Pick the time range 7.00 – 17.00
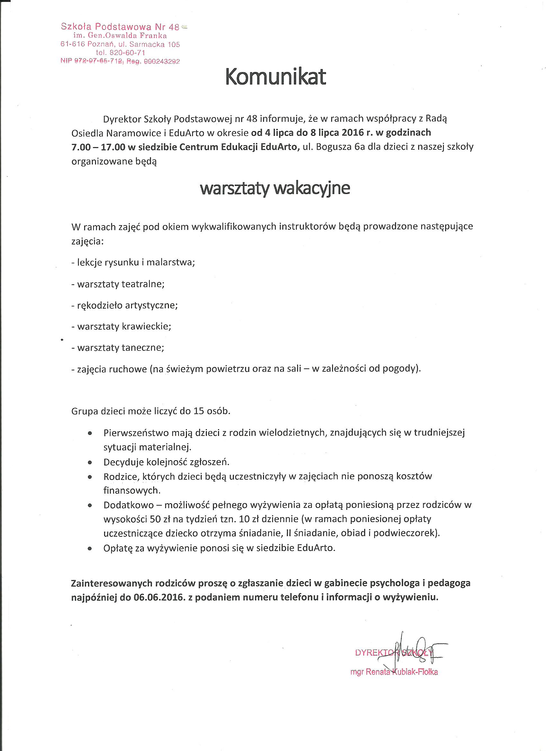point(98,147)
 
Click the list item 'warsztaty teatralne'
point(120,284)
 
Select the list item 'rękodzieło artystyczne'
point(127,305)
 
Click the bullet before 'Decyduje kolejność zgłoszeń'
point(89,462)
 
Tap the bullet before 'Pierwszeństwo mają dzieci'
point(89,433)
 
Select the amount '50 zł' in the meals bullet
point(160,519)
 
